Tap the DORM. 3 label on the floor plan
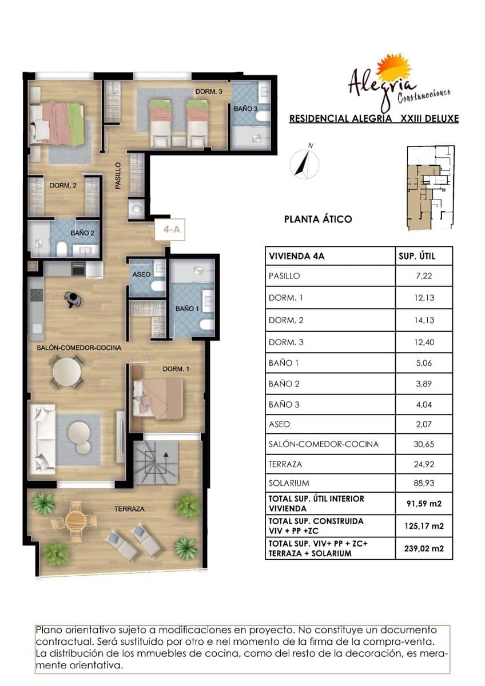205,91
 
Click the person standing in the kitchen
72,299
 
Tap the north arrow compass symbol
303,162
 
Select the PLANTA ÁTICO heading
318,219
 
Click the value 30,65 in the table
424,444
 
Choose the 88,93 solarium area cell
424,483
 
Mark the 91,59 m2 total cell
424,504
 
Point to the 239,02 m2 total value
424,548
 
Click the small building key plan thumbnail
430,187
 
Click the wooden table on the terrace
75,520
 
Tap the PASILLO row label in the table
284,276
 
